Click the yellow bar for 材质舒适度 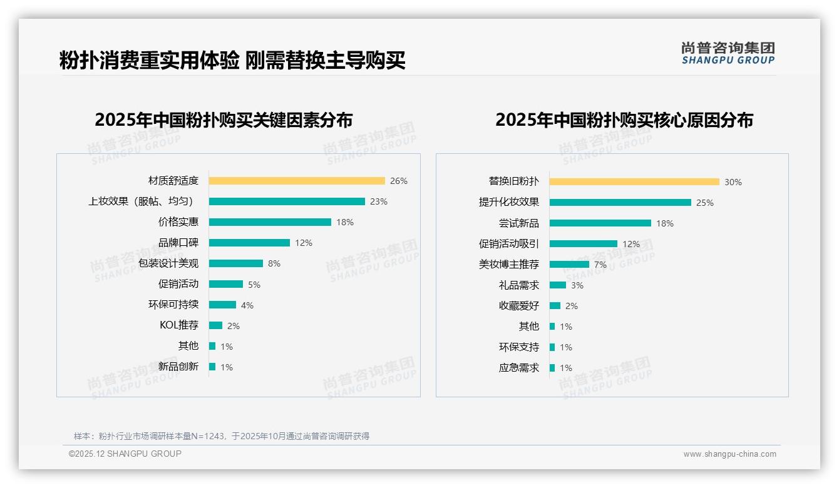tap(297, 181)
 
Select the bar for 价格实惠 tap(270, 222)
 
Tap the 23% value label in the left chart tap(378, 201)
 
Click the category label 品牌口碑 tap(178, 243)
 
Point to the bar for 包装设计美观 tap(236, 263)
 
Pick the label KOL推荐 tap(179, 325)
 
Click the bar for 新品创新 tap(212, 367)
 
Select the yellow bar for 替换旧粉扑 tap(634, 182)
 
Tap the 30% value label tap(733, 182)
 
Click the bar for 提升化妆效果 tap(620, 203)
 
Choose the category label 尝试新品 tap(518, 223)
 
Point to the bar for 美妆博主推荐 tap(569, 265)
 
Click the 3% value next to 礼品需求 tap(577, 285)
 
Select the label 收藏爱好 tap(518, 306)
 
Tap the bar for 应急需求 tap(552, 368)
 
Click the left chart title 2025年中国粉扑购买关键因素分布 tap(224, 119)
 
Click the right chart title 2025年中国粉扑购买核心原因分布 tap(624, 119)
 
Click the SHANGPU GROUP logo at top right tap(728, 53)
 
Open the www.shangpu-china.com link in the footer tap(729, 454)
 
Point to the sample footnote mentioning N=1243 tap(222, 436)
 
